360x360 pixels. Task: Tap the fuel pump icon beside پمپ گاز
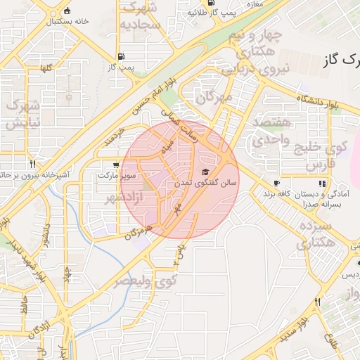coord(122,56)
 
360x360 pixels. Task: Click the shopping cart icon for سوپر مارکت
coord(105,166)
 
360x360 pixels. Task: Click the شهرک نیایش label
coord(20,113)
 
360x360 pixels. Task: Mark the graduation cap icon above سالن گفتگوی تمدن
coord(205,172)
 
